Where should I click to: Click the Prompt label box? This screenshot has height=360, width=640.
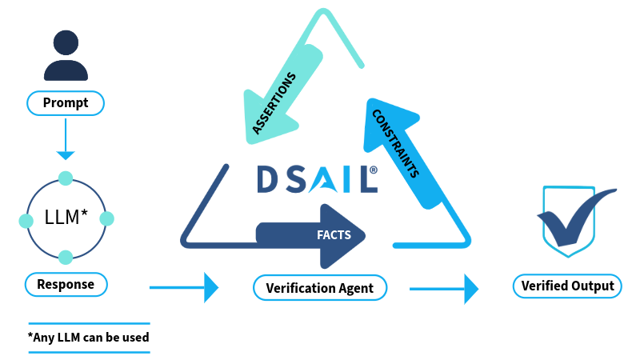[x=66, y=103]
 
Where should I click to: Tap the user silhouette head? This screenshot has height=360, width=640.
[x=66, y=42]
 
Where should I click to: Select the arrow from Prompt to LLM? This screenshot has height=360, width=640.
[x=66, y=138]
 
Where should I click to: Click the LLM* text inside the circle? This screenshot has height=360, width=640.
[x=66, y=217]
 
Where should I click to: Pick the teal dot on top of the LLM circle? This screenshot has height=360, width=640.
[x=66, y=178]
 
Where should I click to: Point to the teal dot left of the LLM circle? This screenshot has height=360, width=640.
[x=26, y=221]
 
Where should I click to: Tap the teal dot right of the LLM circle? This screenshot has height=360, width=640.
[x=106, y=218]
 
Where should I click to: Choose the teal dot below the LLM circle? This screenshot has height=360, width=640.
[x=66, y=258]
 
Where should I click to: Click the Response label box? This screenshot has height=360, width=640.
[x=66, y=284]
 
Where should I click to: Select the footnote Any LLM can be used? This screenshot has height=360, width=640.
[x=89, y=338]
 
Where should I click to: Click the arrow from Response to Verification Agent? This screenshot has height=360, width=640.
[x=184, y=288]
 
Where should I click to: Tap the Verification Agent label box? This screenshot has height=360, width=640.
[x=320, y=288]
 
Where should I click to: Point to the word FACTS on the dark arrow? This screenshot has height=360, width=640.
[x=334, y=235]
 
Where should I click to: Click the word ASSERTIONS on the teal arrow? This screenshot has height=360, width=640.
[x=274, y=103]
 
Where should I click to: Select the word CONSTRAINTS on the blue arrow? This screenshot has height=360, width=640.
[x=395, y=143]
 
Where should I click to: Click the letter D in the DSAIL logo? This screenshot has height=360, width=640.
[x=268, y=178]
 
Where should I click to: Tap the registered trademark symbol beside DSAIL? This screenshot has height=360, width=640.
[x=373, y=170]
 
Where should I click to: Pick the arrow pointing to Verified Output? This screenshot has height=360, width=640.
[x=444, y=289]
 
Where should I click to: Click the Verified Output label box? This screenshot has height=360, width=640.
[x=567, y=286]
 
